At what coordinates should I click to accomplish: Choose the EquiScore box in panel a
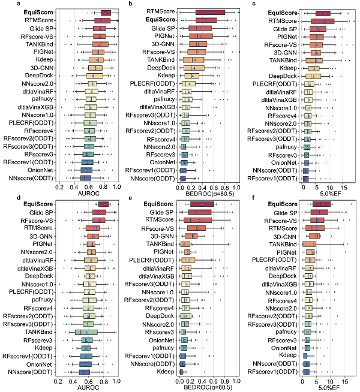click(106, 12)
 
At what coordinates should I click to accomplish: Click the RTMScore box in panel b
click(210, 12)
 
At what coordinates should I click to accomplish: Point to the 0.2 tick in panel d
click(59, 381)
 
